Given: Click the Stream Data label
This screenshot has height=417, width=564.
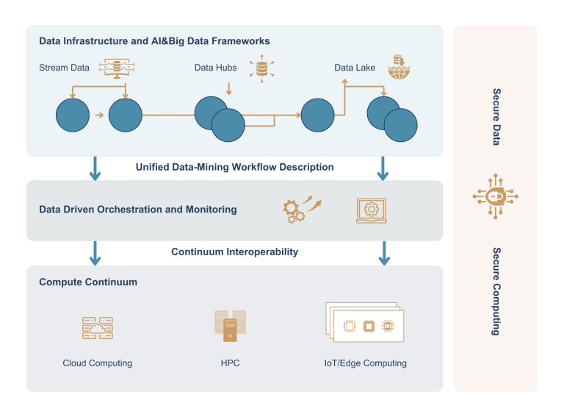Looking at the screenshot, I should pyautogui.click(x=64, y=68).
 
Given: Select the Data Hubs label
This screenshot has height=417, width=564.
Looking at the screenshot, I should pyautogui.click(x=215, y=68).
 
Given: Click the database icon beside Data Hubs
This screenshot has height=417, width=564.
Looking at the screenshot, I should pyautogui.click(x=261, y=68).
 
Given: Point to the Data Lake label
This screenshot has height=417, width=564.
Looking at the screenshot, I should pyautogui.click(x=355, y=68).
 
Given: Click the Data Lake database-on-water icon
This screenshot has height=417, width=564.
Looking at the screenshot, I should pyautogui.click(x=399, y=67).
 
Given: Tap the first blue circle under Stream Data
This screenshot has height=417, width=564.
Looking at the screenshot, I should pyautogui.click(x=72, y=115).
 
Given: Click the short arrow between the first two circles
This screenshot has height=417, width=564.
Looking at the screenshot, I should pyautogui.click(x=98, y=115).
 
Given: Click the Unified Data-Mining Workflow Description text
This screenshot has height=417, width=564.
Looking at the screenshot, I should pyautogui.click(x=234, y=168).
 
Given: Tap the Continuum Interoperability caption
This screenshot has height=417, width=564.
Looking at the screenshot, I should pyautogui.click(x=234, y=252).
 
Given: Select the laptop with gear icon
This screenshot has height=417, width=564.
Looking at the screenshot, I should pyautogui.click(x=371, y=210).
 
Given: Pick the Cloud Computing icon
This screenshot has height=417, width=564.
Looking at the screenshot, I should pyautogui.click(x=97, y=328).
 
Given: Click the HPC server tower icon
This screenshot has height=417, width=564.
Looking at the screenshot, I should pyautogui.click(x=230, y=326).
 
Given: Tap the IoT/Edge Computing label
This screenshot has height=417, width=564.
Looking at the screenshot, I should pyautogui.click(x=365, y=363).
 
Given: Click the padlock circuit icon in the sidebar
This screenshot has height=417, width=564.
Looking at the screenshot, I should pyautogui.click(x=495, y=196).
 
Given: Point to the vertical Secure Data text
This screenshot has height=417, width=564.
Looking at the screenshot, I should pyautogui.click(x=496, y=117).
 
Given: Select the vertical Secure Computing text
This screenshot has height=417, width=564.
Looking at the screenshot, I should pyautogui.click(x=496, y=291).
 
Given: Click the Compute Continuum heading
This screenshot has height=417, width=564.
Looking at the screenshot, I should pyautogui.click(x=88, y=282).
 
